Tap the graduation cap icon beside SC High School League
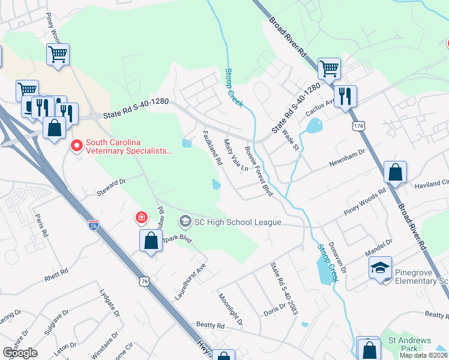coord(185,222)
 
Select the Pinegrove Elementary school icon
coord(380,268)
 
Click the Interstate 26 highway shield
coord(93,225)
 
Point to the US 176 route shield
coord(359,127)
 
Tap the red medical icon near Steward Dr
coord(141,217)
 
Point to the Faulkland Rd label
coord(213,148)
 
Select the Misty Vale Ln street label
coord(235,156)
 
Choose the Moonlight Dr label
coord(231,309)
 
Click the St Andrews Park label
coord(409,344)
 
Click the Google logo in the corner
coord(20,353)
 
